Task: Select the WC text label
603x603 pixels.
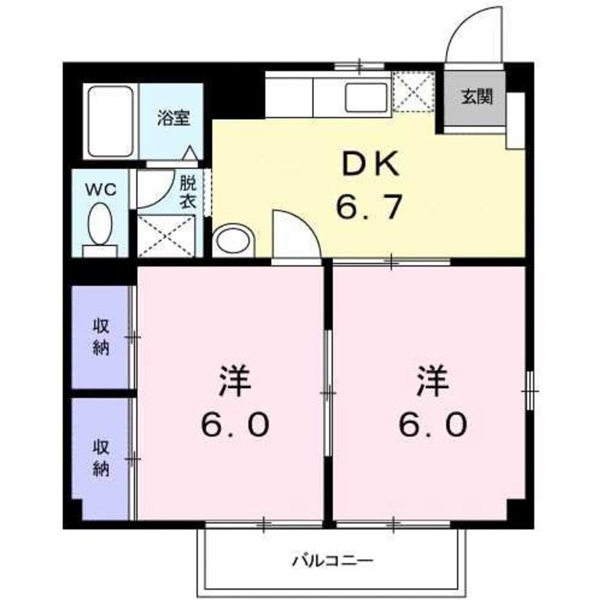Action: pyautogui.click(x=101, y=189)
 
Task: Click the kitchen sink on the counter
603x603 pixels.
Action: pyautogui.click(x=367, y=96)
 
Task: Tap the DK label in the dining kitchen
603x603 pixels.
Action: pyautogui.click(x=370, y=165)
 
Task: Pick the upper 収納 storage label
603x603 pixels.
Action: pyautogui.click(x=101, y=338)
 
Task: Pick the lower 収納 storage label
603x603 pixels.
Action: pyautogui.click(x=101, y=458)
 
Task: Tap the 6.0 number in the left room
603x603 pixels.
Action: pyautogui.click(x=235, y=426)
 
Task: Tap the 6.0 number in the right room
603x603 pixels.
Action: pyautogui.click(x=432, y=426)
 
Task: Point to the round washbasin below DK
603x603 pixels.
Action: pyautogui.click(x=234, y=241)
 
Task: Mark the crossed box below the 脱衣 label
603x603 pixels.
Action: pyautogui.click(x=166, y=235)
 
